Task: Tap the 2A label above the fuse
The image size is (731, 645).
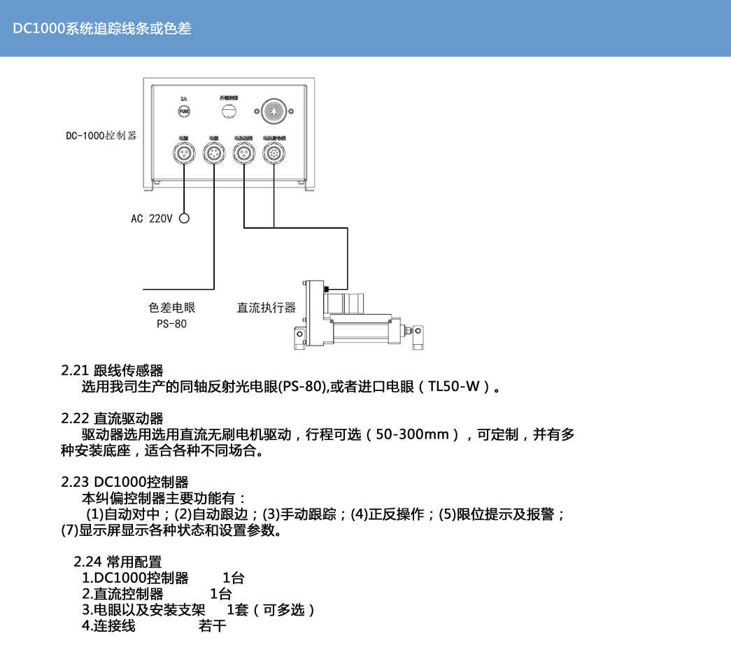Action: click(x=184, y=99)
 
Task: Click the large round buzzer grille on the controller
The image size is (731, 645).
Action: click(x=274, y=111)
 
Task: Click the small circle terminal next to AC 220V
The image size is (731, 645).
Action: click(x=185, y=218)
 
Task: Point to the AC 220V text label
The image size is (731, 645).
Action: click(x=151, y=219)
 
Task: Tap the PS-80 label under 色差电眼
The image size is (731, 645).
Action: click(x=171, y=324)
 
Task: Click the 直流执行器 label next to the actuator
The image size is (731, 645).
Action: click(x=267, y=308)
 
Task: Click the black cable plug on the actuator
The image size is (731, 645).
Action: click(x=327, y=288)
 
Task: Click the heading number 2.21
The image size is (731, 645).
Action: click(x=75, y=370)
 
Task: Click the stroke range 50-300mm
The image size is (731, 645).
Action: click(x=412, y=434)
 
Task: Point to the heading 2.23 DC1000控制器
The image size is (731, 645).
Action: click(x=125, y=482)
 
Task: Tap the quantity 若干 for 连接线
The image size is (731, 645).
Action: click(x=213, y=626)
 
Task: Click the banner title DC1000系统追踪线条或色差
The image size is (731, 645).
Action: click(x=102, y=29)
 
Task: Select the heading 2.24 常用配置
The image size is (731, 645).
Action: click(x=118, y=562)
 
